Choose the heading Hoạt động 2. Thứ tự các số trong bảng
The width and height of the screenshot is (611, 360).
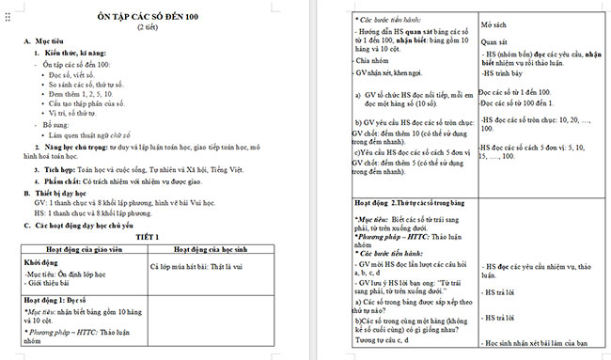point(413,202)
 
